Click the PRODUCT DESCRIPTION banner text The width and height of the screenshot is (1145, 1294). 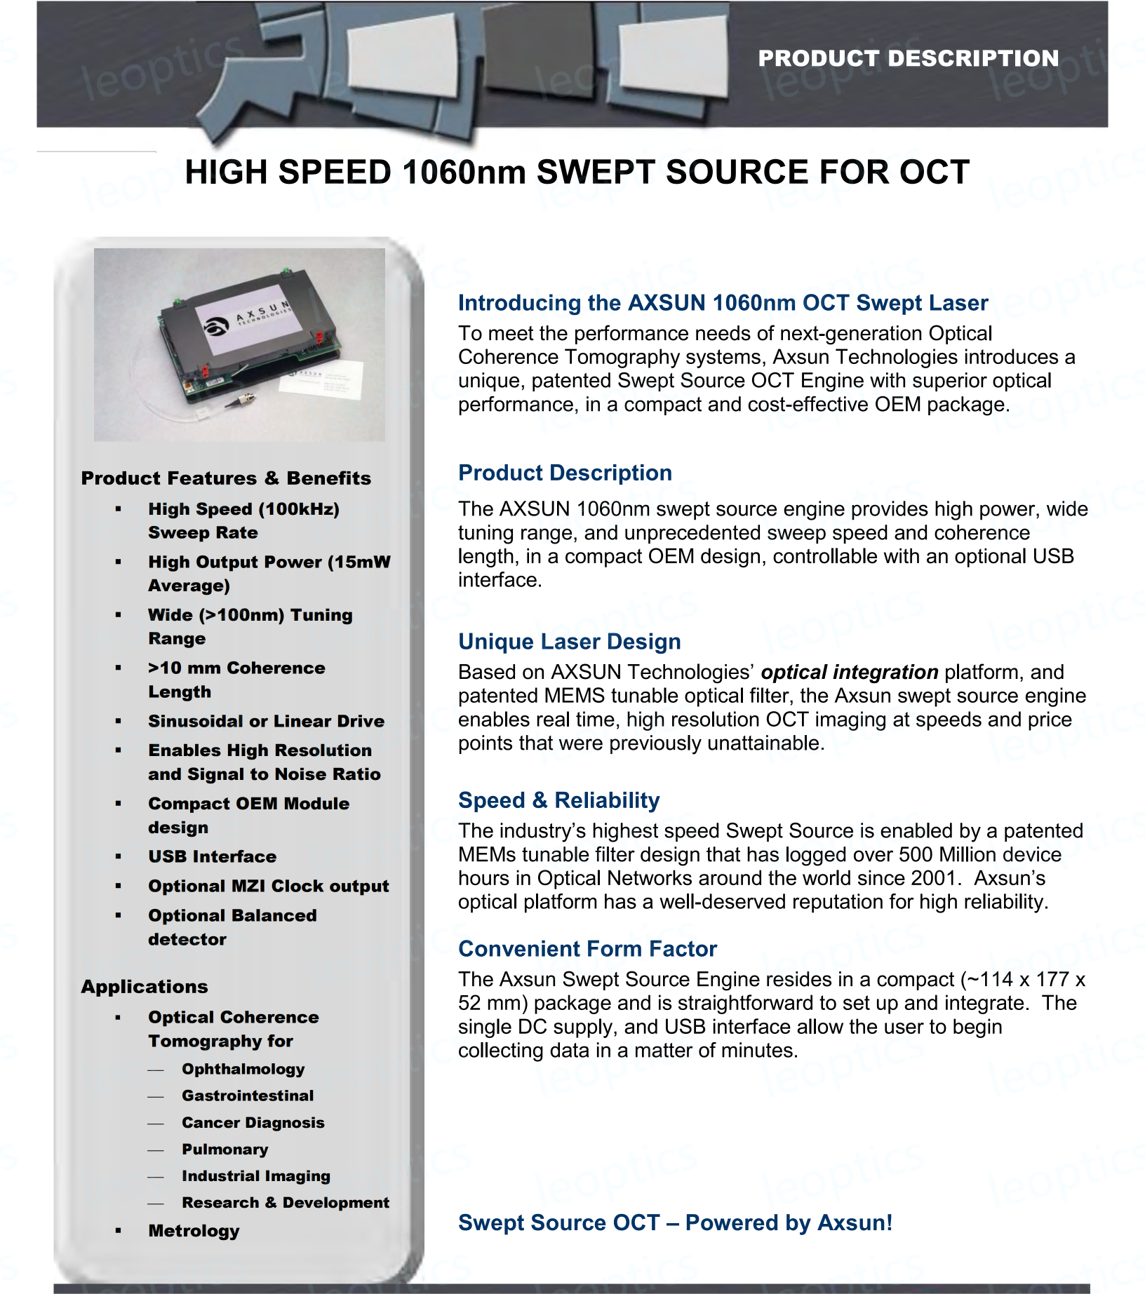(908, 58)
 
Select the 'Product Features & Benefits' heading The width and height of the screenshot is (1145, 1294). (226, 478)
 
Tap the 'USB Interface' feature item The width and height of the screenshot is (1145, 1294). (212, 856)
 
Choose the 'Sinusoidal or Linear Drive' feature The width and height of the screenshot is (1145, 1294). (266, 721)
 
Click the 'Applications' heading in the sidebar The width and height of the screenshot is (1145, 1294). (145, 987)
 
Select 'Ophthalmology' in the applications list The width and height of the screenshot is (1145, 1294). (243, 1069)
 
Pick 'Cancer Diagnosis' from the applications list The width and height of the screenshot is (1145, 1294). (253, 1122)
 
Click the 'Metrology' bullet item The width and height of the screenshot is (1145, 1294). (194, 1231)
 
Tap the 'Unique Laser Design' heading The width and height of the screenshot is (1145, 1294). (569, 642)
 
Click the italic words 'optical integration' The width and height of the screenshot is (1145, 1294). (849, 672)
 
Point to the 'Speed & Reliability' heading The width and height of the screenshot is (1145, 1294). (558, 800)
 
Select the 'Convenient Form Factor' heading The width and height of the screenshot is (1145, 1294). (587, 949)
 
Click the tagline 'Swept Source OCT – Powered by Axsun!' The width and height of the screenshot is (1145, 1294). (675, 1222)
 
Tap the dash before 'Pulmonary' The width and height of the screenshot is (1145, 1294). (156, 1150)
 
